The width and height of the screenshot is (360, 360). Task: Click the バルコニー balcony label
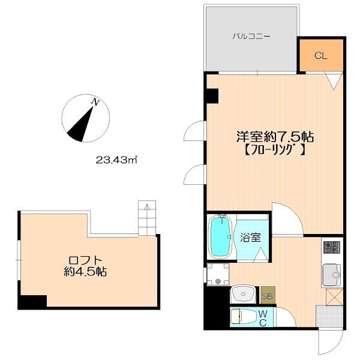[x=252, y=36]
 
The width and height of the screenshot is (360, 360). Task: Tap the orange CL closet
[x=321, y=56]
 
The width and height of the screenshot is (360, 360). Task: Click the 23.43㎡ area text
[x=117, y=160]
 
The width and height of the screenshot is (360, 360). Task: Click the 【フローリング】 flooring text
[x=274, y=151]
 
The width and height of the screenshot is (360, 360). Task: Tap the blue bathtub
[x=220, y=236]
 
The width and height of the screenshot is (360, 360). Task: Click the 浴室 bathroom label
[x=251, y=237]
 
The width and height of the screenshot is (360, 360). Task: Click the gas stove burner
[x=331, y=247]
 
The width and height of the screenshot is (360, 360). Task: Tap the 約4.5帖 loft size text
[x=87, y=272]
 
